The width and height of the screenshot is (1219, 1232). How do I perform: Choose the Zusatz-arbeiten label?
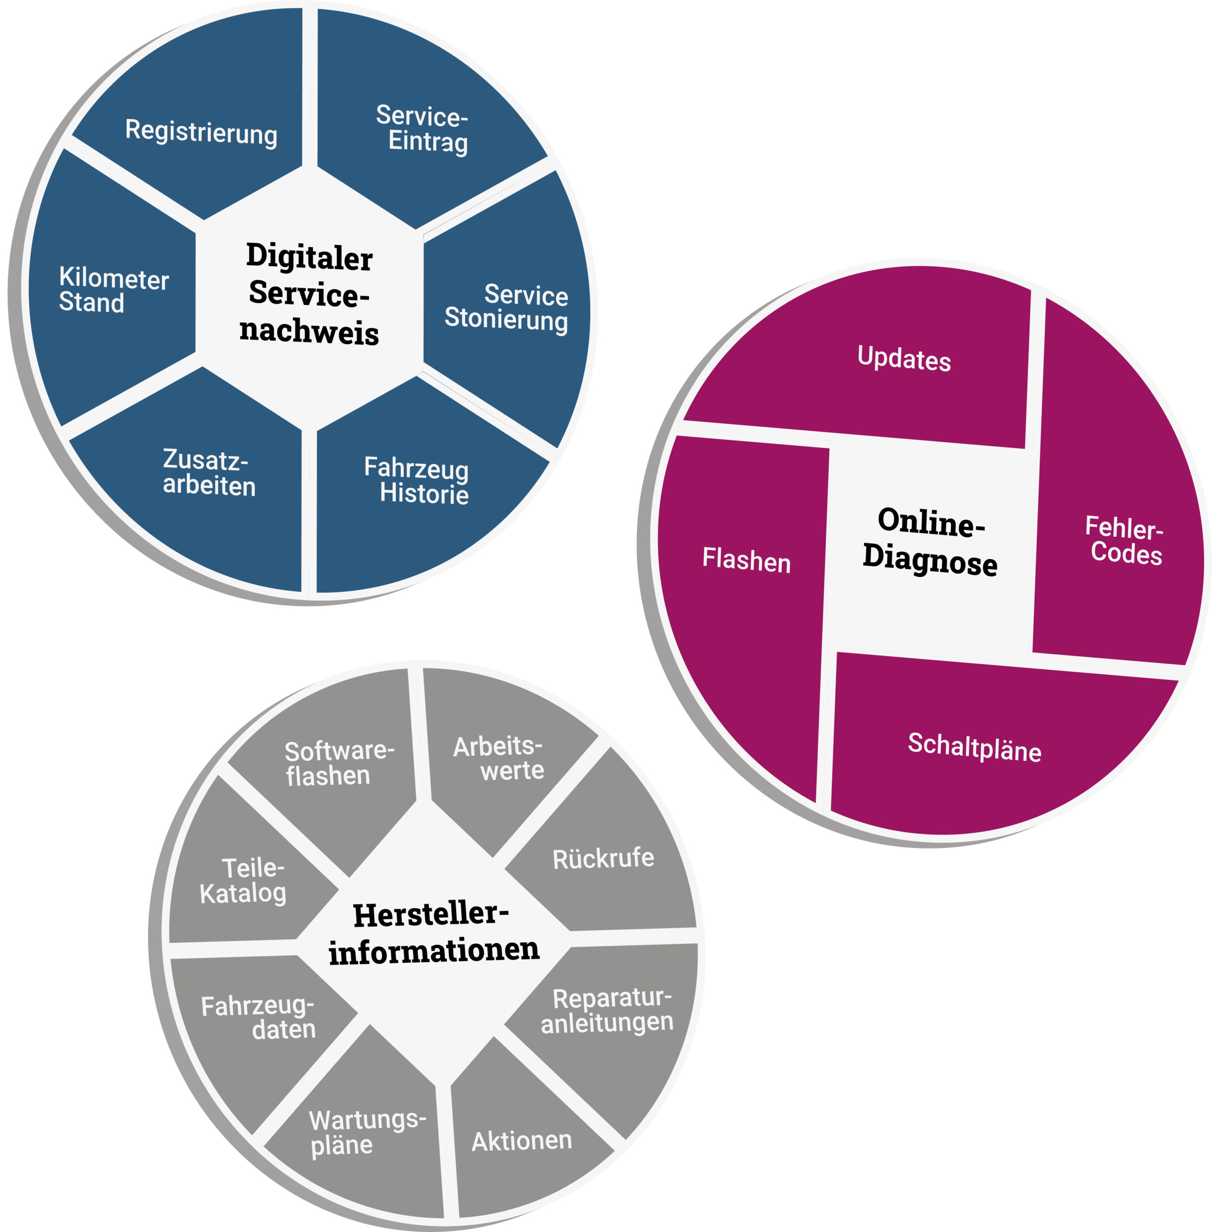point(208,473)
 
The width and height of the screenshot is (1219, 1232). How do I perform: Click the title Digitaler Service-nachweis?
point(309,294)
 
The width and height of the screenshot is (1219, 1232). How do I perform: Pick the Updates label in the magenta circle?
point(903,359)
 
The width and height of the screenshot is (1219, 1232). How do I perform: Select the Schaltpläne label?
point(974,748)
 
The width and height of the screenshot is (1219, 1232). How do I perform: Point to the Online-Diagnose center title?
point(930,542)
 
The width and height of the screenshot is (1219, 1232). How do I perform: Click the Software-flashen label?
point(338,764)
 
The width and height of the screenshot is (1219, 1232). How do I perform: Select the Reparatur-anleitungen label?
point(608,1011)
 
